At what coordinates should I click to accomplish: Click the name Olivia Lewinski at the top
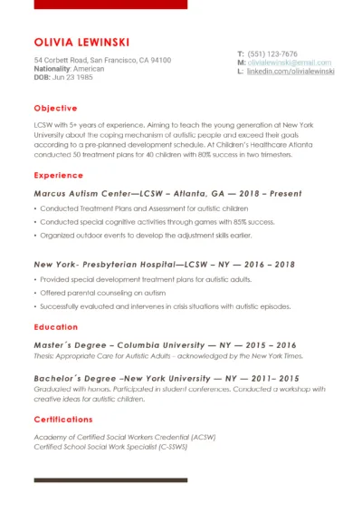pos(81,42)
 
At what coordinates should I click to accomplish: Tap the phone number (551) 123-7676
pos(272,54)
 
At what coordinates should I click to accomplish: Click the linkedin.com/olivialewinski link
pos(291,71)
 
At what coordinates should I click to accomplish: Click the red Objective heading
pos(55,108)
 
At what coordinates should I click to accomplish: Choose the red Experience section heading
pos(58,175)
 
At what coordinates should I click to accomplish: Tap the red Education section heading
pos(55,326)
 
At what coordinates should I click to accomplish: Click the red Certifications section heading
pos(63,420)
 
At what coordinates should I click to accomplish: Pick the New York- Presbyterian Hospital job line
pos(164,264)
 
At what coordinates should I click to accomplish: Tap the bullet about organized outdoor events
pos(145,236)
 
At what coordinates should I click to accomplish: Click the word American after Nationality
pos(89,69)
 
